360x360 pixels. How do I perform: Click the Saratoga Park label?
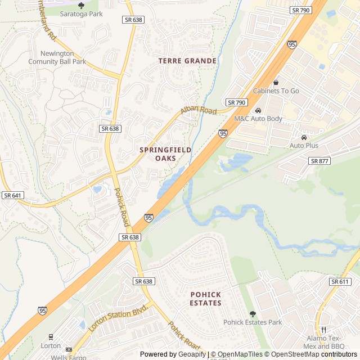click(x=81, y=13)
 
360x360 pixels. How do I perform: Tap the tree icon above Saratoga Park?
click(x=81, y=5)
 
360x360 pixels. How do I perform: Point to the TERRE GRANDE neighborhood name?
click(x=187, y=61)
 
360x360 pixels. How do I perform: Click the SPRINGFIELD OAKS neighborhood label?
click(x=165, y=154)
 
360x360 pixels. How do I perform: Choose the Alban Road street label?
click(x=199, y=111)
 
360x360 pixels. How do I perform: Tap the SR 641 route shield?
click(x=12, y=195)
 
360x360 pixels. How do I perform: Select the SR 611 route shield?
click(x=340, y=281)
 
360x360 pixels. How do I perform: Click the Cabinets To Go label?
click(x=276, y=91)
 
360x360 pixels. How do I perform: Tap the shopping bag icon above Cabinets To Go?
click(x=276, y=82)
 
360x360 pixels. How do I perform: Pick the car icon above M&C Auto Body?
click(x=258, y=110)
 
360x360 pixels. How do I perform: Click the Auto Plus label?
click(x=304, y=146)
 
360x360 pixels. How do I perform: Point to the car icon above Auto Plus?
click(x=304, y=137)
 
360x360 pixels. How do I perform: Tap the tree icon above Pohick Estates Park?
click(x=253, y=314)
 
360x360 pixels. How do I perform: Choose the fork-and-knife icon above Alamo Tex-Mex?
click(x=324, y=330)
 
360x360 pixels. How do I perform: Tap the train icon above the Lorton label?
click(x=51, y=337)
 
